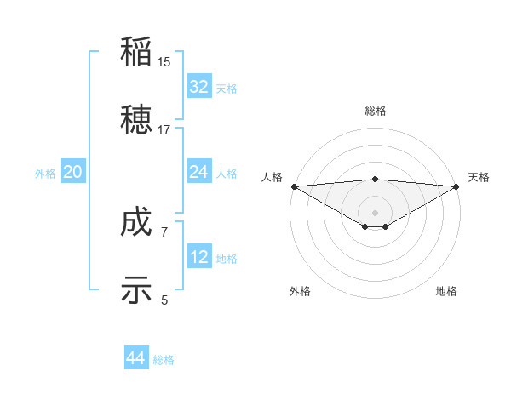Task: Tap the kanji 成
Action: [136, 223]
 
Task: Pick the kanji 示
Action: [136, 289]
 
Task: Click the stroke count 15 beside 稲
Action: [164, 62]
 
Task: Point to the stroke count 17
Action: [164, 130]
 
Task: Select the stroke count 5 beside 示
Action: [164, 300]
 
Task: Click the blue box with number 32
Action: [199, 87]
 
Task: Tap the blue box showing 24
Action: [199, 172]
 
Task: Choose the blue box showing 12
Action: [199, 257]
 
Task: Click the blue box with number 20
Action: [73, 172]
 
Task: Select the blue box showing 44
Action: [136, 358]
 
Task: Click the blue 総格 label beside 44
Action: [164, 360]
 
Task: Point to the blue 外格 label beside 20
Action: [45, 174]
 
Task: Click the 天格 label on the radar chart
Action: [479, 177]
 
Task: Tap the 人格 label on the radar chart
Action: [272, 177]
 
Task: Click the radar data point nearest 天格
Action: [456, 186]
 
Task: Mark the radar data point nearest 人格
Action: [294, 186]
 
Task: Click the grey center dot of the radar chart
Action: [375, 212]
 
